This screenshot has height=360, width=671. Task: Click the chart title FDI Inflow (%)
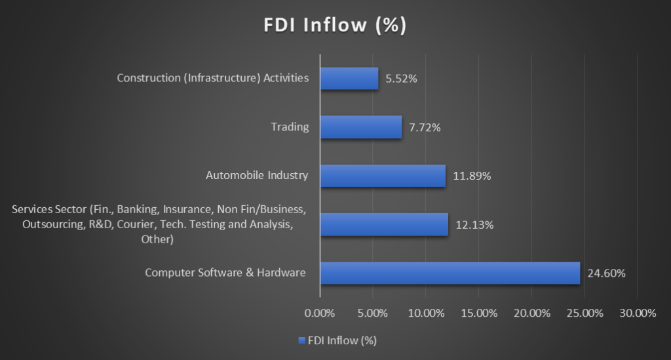[x=335, y=26]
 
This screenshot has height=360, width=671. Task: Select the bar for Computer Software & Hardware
[x=450, y=273]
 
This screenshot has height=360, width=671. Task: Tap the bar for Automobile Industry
[x=383, y=176]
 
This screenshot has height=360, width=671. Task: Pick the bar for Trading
[x=360, y=127]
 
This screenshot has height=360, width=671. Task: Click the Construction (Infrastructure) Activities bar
[x=349, y=79]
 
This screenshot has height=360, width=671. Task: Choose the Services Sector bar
[x=384, y=224]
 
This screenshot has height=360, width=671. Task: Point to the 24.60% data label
[x=607, y=273]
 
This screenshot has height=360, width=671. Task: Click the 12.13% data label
[x=474, y=225]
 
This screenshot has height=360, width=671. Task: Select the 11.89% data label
[x=472, y=176]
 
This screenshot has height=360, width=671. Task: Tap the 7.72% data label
[x=425, y=128]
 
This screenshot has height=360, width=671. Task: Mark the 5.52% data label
[x=401, y=79]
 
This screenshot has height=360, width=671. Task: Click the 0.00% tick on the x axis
[x=320, y=313]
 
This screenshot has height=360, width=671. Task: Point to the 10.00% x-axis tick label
[x=426, y=313]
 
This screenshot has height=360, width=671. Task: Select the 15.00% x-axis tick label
[x=479, y=313]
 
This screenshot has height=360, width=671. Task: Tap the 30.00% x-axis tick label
[x=638, y=313]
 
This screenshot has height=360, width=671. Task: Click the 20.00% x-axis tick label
[x=531, y=313]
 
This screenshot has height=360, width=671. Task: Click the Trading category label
[x=290, y=127]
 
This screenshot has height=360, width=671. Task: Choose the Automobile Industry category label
[x=257, y=175]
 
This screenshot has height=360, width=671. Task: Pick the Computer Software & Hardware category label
[x=225, y=272]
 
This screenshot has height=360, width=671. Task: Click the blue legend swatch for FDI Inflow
[x=301, y=340]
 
